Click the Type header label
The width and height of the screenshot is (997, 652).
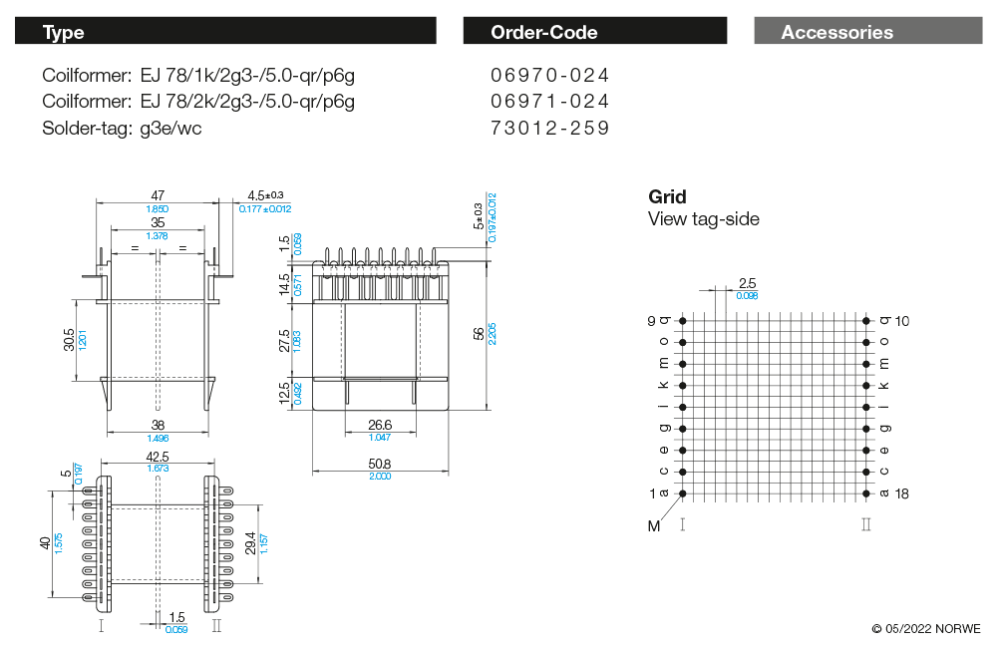pos(63,32)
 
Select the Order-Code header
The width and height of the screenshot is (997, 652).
pos(543,32)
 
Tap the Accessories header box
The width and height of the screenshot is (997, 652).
pos(837,32)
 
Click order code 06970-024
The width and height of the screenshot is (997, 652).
pos(549,75)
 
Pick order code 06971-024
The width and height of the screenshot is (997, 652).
pos(549,101)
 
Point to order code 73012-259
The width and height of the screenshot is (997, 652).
pos(549,128)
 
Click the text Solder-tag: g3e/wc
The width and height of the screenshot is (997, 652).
pos(123,128)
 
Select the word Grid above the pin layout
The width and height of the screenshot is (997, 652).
pos(667,196)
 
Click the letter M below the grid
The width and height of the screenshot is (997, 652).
pos(654,526)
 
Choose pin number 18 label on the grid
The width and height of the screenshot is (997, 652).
pos(901,493)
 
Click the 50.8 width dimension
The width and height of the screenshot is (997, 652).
pos(379,464)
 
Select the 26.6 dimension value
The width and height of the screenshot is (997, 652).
pos(379,425)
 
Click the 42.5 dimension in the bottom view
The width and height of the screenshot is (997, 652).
pos(157,458)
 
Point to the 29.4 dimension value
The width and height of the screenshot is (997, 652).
pos(251,543)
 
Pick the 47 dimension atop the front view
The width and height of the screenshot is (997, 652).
pos(158,196)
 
